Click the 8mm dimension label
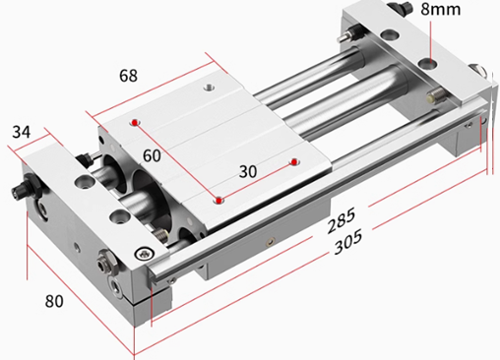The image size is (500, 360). click(x=441, y=9)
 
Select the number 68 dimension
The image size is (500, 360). click(x=128, y=76)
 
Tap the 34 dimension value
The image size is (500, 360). click(x=22, y=132)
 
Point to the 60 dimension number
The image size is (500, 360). click(x=152, y=155)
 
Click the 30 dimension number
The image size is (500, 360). click(x=248, y=171)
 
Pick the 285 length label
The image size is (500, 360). click(x=342, y=219)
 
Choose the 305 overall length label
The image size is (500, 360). click(x=348, y=242)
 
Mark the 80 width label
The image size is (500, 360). click(x=54, y=301)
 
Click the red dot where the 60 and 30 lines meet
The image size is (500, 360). click(x=219, y=201)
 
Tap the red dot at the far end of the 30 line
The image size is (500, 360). click(x=294, y=161)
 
